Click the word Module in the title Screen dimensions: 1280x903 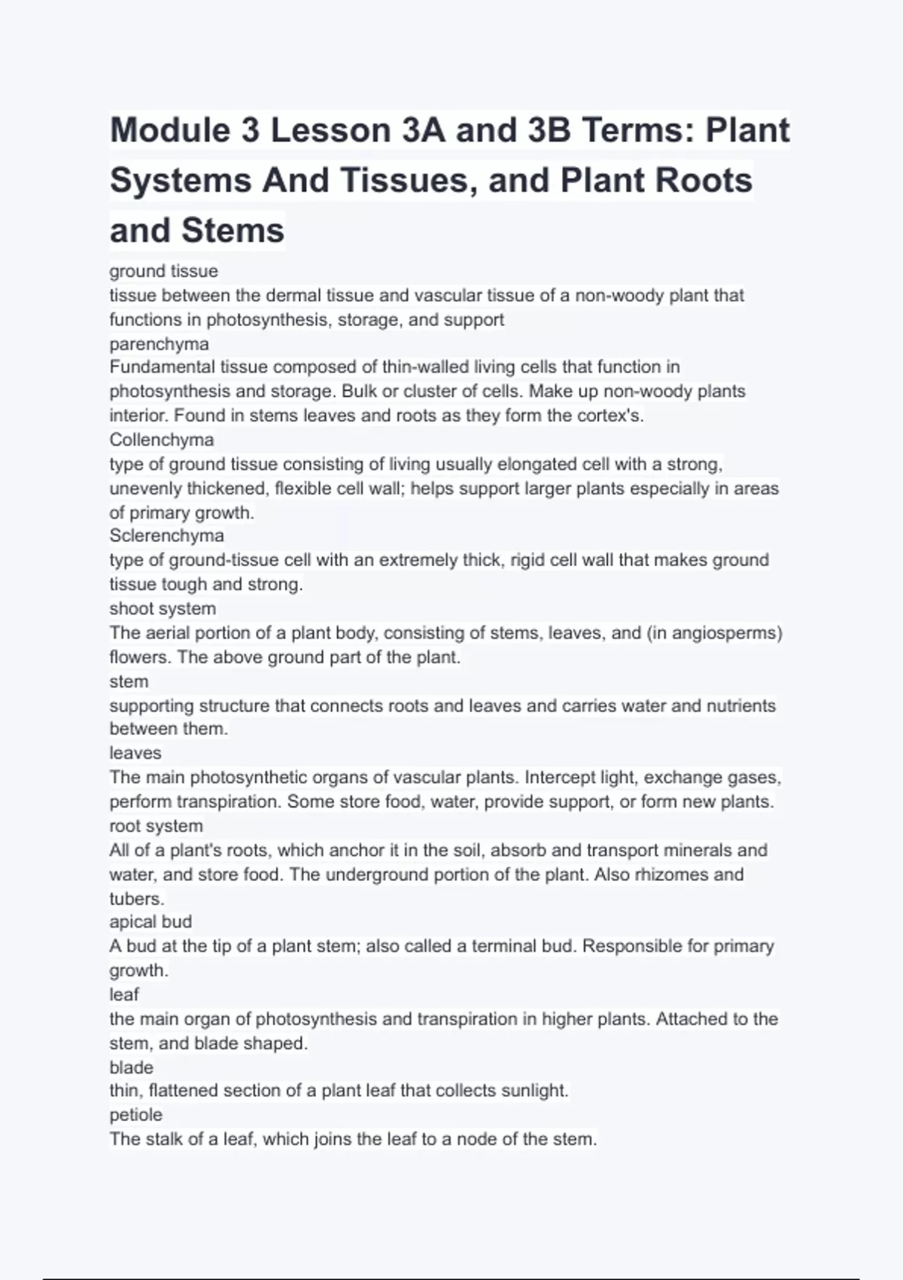170,130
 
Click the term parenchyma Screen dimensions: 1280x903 159,343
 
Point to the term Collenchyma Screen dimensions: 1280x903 161,440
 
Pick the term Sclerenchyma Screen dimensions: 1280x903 166,535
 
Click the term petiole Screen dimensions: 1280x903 135,1114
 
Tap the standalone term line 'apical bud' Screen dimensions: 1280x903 150,922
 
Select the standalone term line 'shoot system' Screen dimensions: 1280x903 163,608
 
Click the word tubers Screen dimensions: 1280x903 136,898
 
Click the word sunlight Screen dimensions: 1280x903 536,1090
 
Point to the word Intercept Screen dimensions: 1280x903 564,777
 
